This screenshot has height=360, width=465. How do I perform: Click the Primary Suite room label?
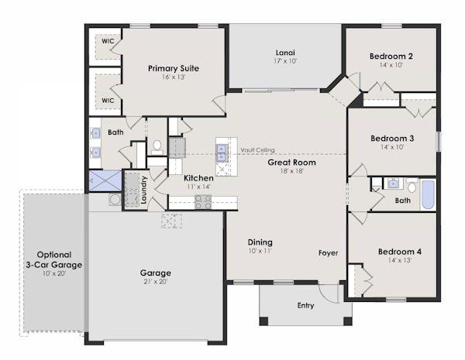click(174, 68)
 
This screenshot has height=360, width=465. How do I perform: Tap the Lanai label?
click(284, 53)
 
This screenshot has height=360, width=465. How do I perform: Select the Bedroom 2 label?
click(391, 56)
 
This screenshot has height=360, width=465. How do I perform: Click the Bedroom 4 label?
click(399, 252)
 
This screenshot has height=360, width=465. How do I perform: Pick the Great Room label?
click(291, 163)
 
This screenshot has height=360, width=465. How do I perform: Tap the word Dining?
click(260, 242)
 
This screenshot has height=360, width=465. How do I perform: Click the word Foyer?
click(328, 253)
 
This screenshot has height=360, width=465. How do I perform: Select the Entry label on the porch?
click(305, 305)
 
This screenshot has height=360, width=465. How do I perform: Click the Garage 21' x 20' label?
click(156, 273)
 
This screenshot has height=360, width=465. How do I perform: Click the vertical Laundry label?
click(144, 192)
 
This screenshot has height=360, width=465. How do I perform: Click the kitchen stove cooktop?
click(203, 202)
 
